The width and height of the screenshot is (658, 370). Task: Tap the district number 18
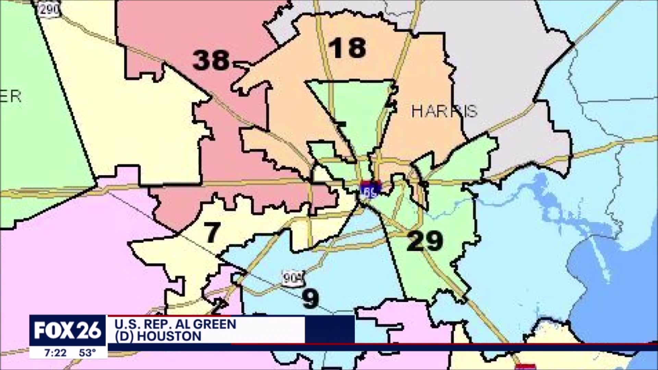click(x=348, y=48)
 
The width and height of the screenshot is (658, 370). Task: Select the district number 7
click(x=212, y=232)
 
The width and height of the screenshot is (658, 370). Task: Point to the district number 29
click(x=425, y=241)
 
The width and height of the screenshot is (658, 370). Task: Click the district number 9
click(x=311, y=298)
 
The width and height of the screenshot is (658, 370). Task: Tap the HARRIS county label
click(x=444, y=111)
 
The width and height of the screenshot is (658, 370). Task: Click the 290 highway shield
click(x=49, y=9)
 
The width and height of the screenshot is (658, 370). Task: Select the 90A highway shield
click(x=293, y=278)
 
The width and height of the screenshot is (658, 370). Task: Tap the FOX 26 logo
click(x=68, y=330)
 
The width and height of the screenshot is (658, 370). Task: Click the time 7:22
click(x=56, y=353)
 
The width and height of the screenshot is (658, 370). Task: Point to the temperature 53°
click(x=87, y=353)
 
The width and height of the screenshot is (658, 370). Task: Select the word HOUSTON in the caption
click(x=169, y=336)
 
